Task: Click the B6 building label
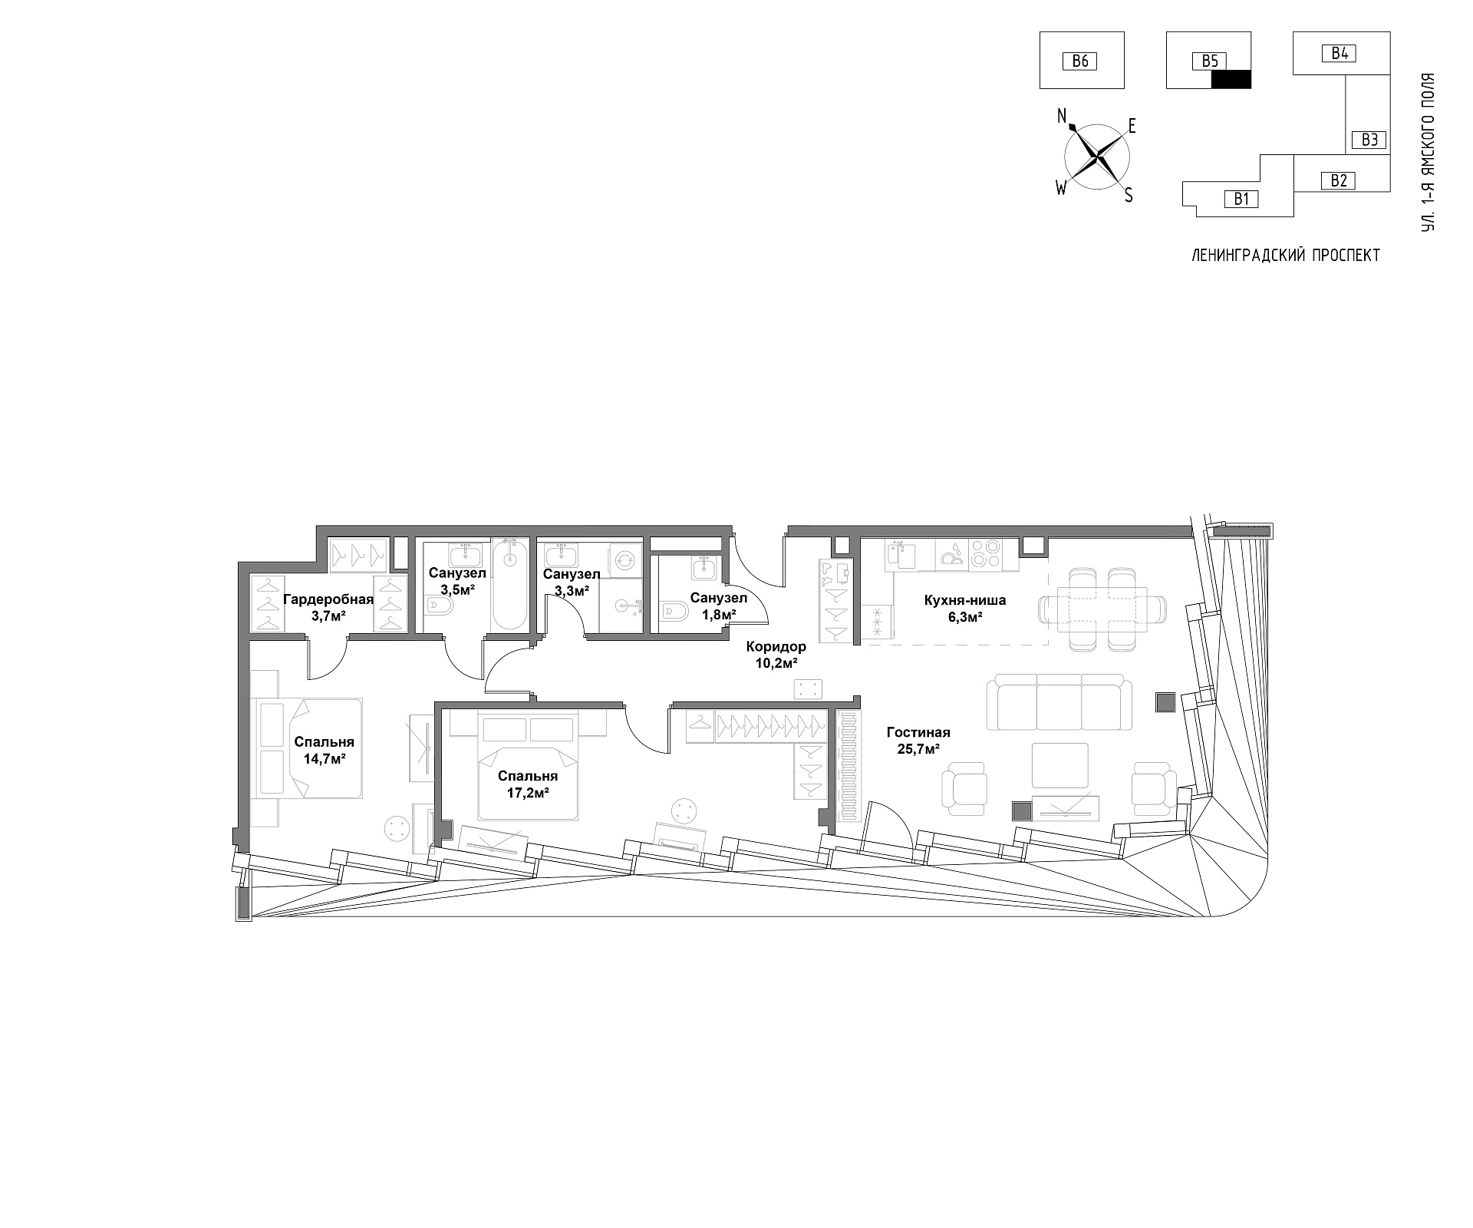pyautogui.click(x=1080, y=61)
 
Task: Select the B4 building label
pyautogui.click(x=1340, y=53)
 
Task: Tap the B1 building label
pyautogui.click(x=1242, y=200)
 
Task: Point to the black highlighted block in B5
pyautogui.click(x=1231, y=79)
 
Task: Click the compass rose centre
pyautogui.click(x=1096, y=157)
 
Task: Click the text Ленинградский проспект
pyautogui.click(x=1285, y=256)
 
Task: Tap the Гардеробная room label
pyautogui.click(x=328, y=599)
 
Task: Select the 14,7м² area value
pyautogui.click(x=324, y=758)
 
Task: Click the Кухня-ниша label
pyautogui.click(x=965, y=600)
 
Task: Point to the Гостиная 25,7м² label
pyautogui.click(x=918, y=740)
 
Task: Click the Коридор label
pyautogui.click(x=776, y=647)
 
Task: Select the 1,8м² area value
pyautogui.click(x=718, y=614)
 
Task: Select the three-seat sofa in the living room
pyautogui.click(x=1060, y=702)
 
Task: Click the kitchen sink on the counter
pyautogui.click(x=903, y=554)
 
